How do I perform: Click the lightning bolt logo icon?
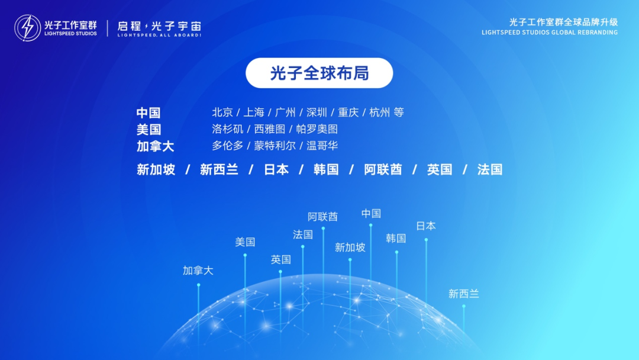click(x=28, y=28)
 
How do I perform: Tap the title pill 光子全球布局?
click(x=319, y=73)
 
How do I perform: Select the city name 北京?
click(x=222, y=112)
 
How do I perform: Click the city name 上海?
click(x=254, y=112)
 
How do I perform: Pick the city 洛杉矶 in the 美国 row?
click(x=227, y=129)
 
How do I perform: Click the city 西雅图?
click(x=269, y=129)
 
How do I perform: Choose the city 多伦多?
click(x=227, y=146)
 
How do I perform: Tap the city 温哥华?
click(x=322, y=146)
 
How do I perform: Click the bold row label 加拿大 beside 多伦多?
click(x=156, y=146)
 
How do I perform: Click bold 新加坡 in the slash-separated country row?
click(x=156, y=170)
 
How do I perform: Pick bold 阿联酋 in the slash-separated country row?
click(x=383, y=170)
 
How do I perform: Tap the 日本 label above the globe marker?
click(x=426, y=226)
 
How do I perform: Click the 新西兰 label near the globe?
click(x=464, y=293)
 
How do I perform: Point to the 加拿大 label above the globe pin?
click(x=198, y=271)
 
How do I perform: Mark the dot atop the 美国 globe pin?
click(x=245, y=255)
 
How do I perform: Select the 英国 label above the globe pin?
click(x=281, y=259)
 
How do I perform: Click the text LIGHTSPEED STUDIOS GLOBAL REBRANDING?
click(x=550, y=33)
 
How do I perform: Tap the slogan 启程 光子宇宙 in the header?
click(x=159, y=26)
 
